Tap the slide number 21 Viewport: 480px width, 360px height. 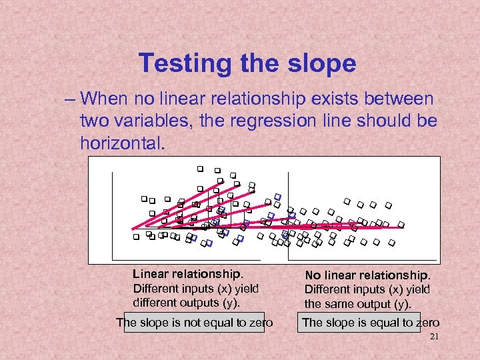tap(434, 337)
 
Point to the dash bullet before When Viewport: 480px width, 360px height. tap(70, 100)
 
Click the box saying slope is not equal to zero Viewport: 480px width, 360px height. tap(194, 323)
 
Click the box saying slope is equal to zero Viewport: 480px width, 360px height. tap(371, 323)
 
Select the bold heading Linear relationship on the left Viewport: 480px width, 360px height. tap(188, 273)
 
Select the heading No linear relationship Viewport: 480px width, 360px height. tap(368, 275)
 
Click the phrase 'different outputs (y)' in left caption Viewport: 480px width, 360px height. tap(186, 302)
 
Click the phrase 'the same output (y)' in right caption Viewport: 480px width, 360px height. tap(358, 304)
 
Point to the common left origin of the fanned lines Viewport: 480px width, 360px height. tap(132, 228)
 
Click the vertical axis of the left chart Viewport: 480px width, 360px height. tap(113, 213)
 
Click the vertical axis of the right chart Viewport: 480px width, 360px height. tap(288, 213)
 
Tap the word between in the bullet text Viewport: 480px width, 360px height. tap(400, 99)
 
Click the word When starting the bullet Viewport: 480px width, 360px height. tap(106, 99)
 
